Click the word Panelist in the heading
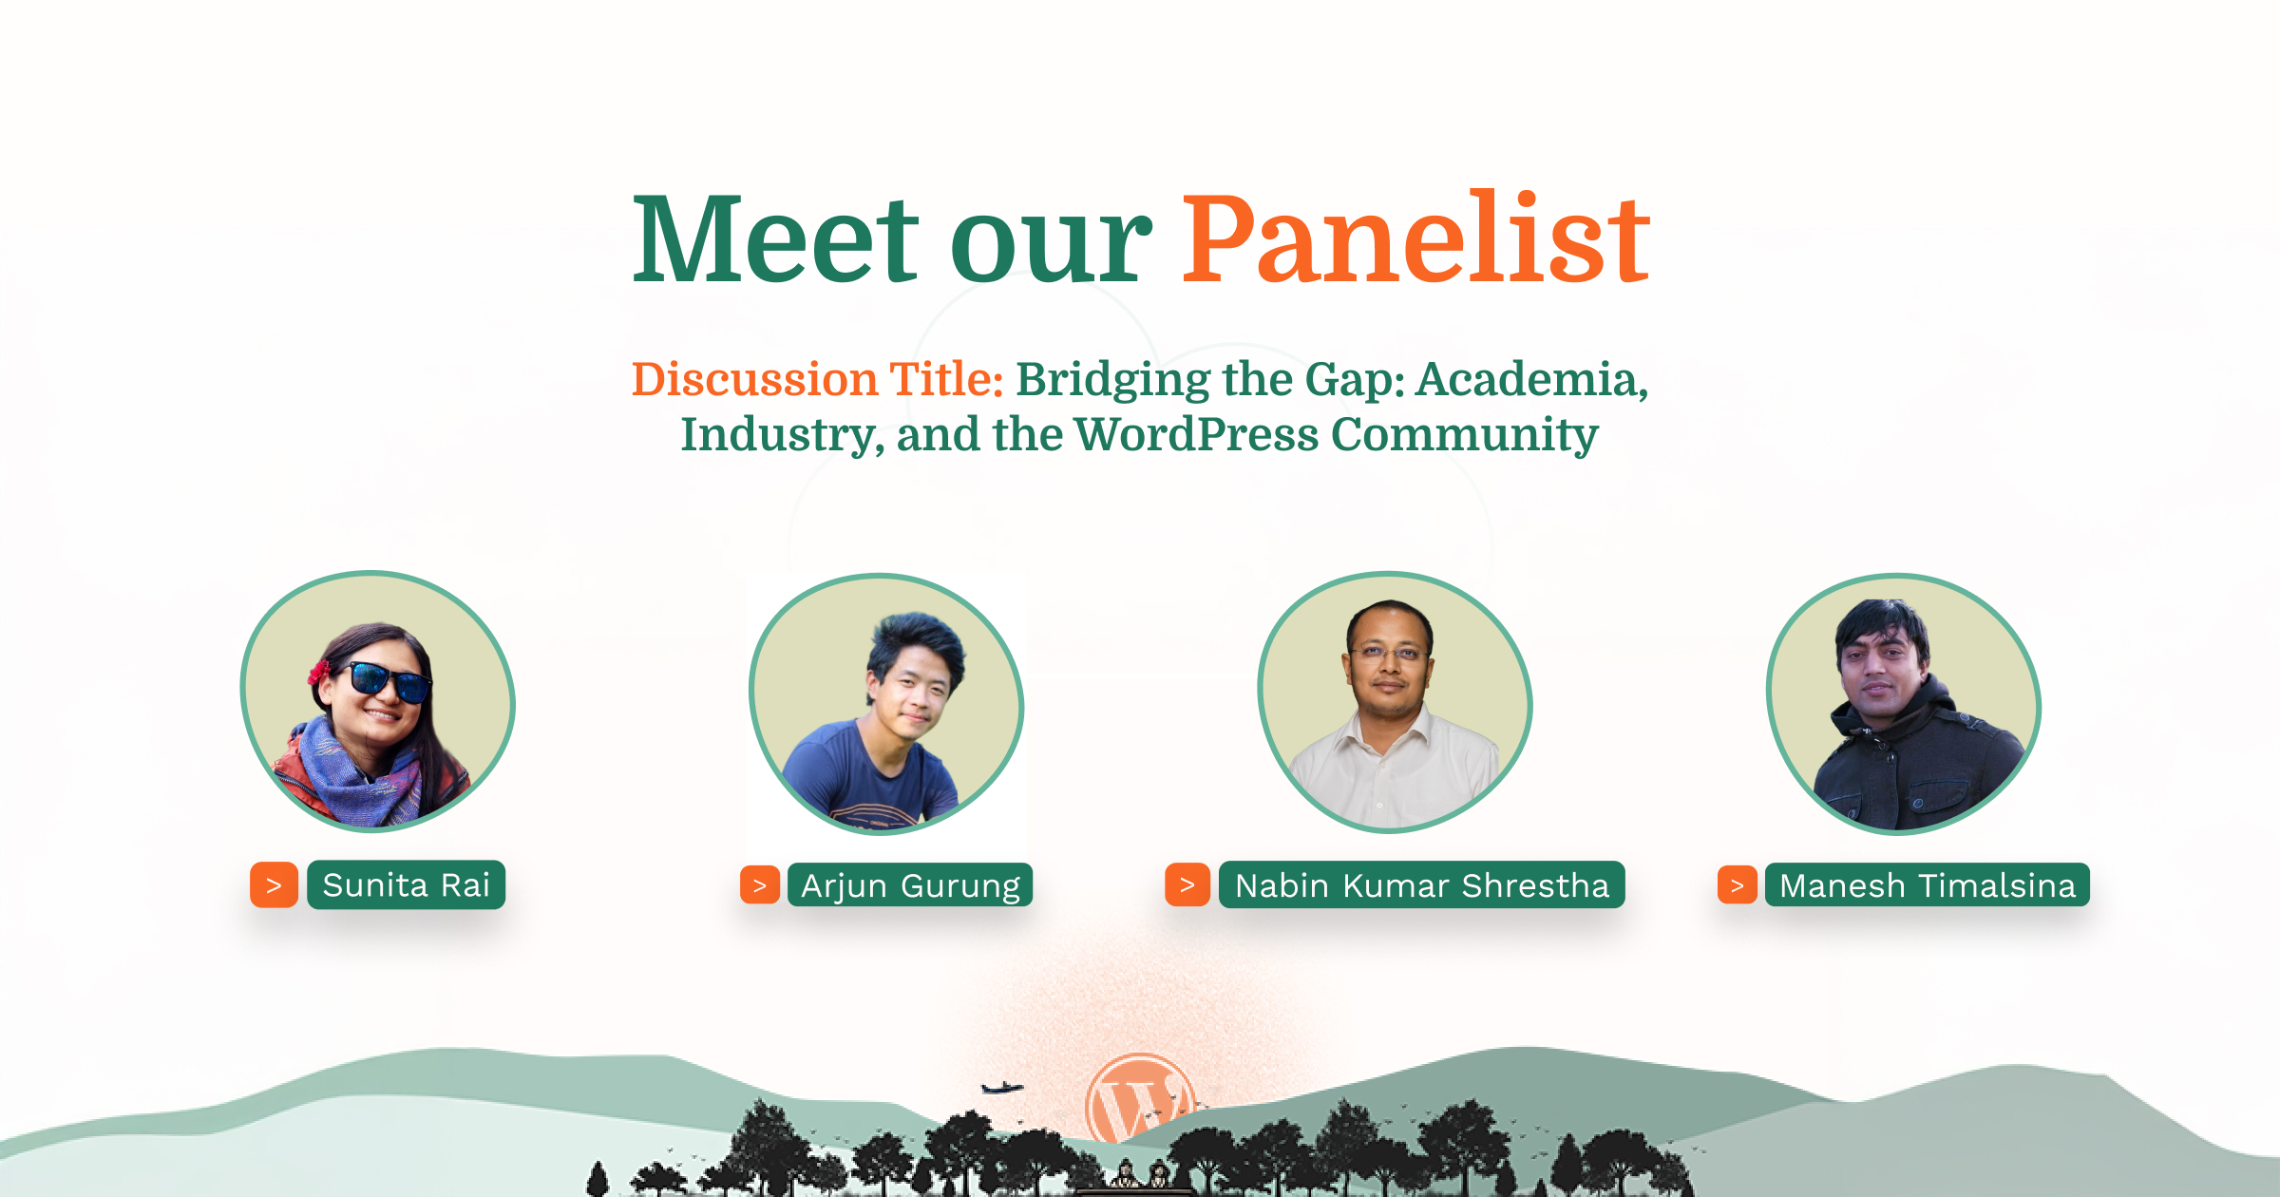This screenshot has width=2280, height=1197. (x=1415, y=237)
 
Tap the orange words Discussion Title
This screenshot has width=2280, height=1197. (x=818, y=379)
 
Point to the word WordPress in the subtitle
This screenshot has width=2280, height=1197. (x=1196, y=434)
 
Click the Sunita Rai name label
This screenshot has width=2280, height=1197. (x=406, y=885)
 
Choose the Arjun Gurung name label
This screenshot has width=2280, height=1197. (x=910, y=885)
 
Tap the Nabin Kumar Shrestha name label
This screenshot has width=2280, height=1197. (x=1421, y=885)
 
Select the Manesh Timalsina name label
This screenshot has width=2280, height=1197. (x=1927, y=885)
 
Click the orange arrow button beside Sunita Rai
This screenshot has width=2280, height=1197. (x=274, y=885)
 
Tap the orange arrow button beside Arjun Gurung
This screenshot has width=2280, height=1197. (x=760, y=885)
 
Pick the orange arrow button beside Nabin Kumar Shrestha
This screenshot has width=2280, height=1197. (x=1187, y=885)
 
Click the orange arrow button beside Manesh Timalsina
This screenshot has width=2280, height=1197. (x=1738, y=885)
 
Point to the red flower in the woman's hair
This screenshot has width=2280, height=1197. (x=319, y=672)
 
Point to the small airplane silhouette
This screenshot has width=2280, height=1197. (x=1001, y=1088)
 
